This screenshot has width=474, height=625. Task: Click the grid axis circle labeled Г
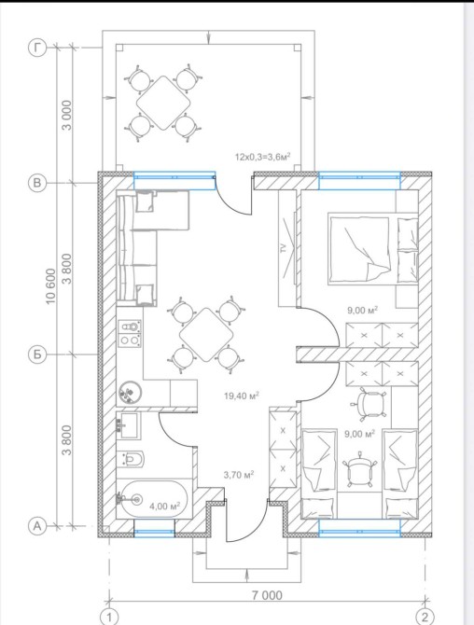pyautogui.click(x=37, y=49)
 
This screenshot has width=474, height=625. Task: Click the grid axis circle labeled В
pyautogui.click(x=37, y=183)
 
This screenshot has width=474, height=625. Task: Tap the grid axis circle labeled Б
pyautogui.click(x=37, y=354)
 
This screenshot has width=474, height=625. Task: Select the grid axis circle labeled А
pyautogui.click(x=37, y=526)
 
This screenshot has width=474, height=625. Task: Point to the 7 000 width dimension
pyautogui.click(x=267, y=595)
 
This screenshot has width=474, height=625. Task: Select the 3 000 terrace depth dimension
pyautogui.click(x=67, y=115)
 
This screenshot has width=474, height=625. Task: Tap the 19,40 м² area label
pyautogui.click(x=242, y=396)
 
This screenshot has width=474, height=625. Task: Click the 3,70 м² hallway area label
pyautogui.click(x=239, y=475)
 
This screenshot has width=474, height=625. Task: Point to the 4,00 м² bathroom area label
pyautogui.click(x=164, y=507)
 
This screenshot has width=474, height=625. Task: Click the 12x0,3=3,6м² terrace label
pyautogui.click(x=262, y=157)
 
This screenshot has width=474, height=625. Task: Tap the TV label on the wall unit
pyautogui.click(x=284, y=249)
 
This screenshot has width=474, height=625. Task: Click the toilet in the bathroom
pyautogui.click(x=131, y=459)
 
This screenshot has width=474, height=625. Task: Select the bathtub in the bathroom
pyautogui.click(x=152, y=499)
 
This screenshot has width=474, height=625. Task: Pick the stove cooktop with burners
pyautogui.click(x=130, y=333)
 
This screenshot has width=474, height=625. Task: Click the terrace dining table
pyautogui.click(x=163, y=103)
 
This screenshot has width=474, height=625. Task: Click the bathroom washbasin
pyautogui.click(x=128, y=425)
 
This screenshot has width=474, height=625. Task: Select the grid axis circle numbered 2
pyautogui.click(x=425, y=617)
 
